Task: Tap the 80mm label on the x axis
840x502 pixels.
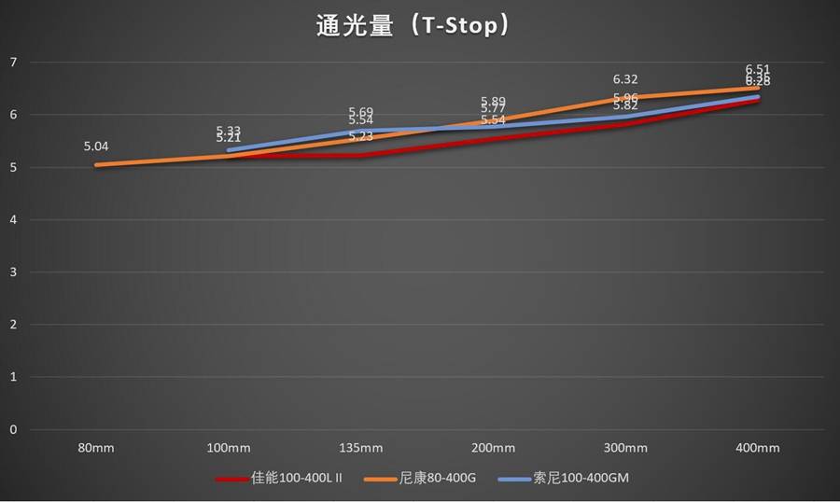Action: click(96, 448)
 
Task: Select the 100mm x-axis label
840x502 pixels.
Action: click(229, 448)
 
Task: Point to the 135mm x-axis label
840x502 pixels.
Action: click(360, 448)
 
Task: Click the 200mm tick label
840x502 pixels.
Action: click(493, 448)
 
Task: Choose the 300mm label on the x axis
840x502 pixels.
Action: click(625, 448)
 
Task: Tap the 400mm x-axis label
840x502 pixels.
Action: click(757, 448)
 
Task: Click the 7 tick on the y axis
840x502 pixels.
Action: click(13, 63)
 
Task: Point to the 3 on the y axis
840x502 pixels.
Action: click(13, 272)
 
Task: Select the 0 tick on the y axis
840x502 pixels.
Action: click(13, 430)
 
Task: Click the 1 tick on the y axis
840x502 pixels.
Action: click(13, 377)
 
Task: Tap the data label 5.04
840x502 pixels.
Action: click(96, 146)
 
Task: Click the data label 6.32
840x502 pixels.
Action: click(625, 80)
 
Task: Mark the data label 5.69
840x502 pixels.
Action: click(360, 112)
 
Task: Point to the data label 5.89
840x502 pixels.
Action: click(493, 102)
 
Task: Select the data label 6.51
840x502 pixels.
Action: click(757, 69)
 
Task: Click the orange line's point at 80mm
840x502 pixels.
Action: click(96, 165)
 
